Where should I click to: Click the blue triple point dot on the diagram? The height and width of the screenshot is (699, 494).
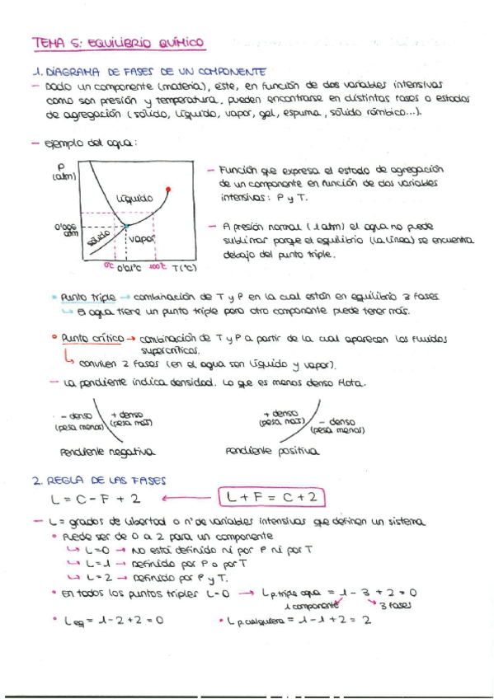pos(125,224)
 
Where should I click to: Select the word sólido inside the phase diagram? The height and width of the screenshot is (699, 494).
pos(97,238)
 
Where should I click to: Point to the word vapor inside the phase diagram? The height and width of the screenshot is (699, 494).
pos(143,240)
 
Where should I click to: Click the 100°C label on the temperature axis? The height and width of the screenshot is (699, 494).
pos(158,266)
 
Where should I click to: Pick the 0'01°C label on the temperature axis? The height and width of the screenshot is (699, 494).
pos(129,267)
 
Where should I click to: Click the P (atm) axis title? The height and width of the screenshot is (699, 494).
pos(63,171)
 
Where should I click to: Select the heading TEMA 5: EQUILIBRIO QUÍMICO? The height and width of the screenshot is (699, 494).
pos(117,42)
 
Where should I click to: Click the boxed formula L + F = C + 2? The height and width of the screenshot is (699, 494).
pos(271,497)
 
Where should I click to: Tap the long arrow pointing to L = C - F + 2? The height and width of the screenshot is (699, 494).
pos(187,497)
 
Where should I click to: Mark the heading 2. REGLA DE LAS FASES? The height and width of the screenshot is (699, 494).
pos(87,479)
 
